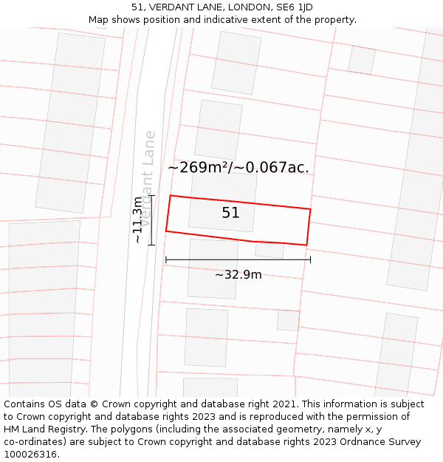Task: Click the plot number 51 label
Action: click(x=231, y=213)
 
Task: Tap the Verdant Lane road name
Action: click(x=148, y=177)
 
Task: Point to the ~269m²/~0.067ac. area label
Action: click(x=238, y=168)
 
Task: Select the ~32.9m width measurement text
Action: click(x=238, y=275)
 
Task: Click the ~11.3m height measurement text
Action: click(x=137, y=220)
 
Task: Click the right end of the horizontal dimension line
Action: click(x=310, y=259)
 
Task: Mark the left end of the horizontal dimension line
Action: click(x=166, y=259)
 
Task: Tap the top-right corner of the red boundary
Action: click(x=310, y=209)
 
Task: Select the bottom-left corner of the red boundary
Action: click(x=166, y=231)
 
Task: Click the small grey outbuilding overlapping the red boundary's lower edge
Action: click(x=269, y=249)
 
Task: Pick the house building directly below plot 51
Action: click(x=213, y=268)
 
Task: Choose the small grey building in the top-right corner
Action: click(x=361, y=60)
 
